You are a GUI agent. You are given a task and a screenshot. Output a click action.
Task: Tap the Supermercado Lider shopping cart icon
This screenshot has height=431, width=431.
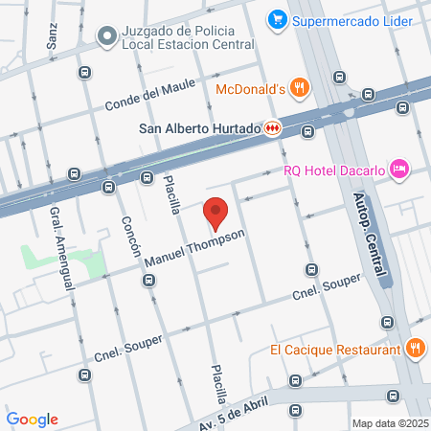tap(277, 18)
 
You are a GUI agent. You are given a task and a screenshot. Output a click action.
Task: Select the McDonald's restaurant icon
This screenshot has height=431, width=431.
tap(300, 88)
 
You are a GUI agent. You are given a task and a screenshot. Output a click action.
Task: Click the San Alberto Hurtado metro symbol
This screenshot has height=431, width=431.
tap(273, 126)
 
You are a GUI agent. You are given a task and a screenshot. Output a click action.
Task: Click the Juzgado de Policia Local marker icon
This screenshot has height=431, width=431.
tap(106, 35)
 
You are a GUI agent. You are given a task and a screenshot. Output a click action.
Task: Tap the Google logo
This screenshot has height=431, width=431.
tap(33, 419)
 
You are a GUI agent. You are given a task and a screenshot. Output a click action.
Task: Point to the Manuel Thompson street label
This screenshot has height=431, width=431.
tap(195, 248)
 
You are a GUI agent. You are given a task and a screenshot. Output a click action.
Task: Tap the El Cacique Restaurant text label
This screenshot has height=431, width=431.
tap(334, 350)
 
